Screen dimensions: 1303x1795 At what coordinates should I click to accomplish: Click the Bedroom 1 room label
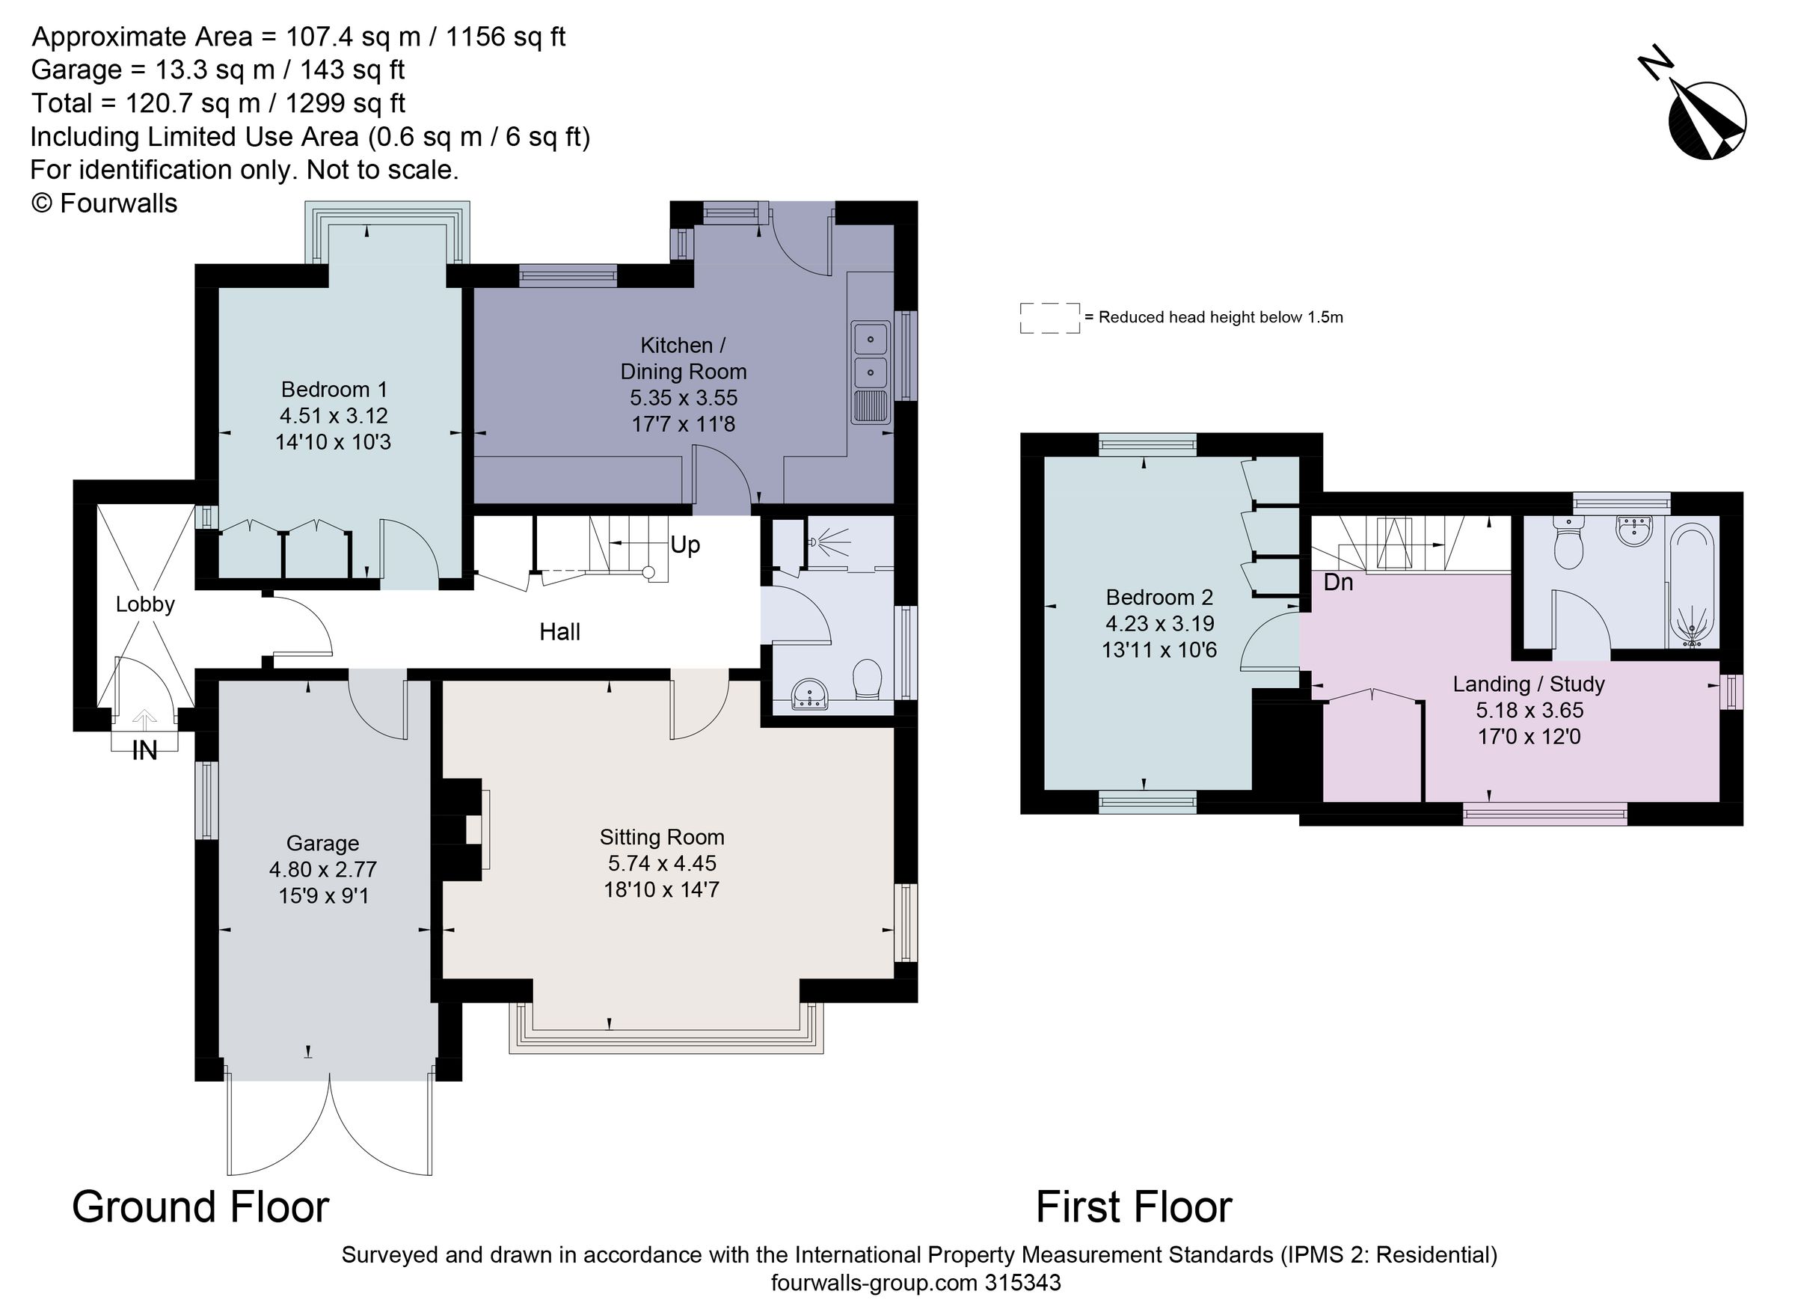pyautogui.click(x=334, y=390)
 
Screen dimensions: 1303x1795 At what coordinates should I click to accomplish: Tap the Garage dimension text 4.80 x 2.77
pyautogui.click(x=323, y=869)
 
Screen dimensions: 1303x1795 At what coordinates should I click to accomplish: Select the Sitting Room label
pyautogui.click(x=662, y=837)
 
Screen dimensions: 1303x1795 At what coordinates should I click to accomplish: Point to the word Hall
pyautogui.click(x=559, y=632)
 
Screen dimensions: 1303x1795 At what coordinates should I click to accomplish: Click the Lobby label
pyautogui.click(x=145, y=604)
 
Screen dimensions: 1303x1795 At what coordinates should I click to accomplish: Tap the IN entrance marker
pyautogui.click(x=144, y=749)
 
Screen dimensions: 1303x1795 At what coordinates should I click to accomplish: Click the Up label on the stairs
pyautogui.click(x=684, y=545)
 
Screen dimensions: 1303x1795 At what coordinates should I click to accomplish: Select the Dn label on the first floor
pyautogui.click(x=1338, y=583)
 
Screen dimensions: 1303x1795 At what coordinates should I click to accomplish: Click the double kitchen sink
pyautogui.click(x=870, y=355)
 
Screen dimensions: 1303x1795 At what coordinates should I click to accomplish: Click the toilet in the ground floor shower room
pyautogui.click(x=868, y=678)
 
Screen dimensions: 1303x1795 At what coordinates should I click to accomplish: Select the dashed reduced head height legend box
pyautogui.click(x=1049, y=317)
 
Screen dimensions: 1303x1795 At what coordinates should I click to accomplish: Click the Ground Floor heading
pyautogui.click(x=200, y=1207)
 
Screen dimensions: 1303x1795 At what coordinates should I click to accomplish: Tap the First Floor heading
pyautogui.click(x=1133, y=1207)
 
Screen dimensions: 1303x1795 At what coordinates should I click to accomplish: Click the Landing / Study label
pyautogui.click(x=1528, y=684)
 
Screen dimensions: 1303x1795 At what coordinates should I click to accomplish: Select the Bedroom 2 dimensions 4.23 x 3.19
pyautogui.click(x=1159, y=623)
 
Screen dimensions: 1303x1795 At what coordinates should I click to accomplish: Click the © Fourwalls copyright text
pyautogui.click(x=104, y=203)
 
